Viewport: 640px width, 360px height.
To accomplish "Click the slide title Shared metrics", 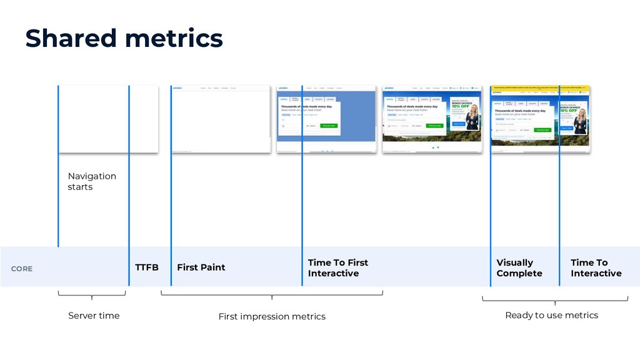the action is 124,39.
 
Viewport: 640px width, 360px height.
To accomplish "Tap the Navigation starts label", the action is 92,181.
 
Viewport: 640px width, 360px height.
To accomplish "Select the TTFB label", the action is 147,267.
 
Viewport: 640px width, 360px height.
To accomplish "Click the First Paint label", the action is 201,267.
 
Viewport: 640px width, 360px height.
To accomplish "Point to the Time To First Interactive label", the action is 337,268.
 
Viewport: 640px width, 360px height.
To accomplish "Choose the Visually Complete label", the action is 519,268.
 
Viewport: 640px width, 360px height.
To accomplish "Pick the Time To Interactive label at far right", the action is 596,268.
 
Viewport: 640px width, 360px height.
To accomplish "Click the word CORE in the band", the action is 22,269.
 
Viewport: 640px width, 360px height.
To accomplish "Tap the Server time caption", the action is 93,316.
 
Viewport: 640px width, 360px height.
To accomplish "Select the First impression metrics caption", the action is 272,317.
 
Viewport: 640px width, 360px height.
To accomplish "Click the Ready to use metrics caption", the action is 551,315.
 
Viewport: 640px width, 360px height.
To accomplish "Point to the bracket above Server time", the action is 92,294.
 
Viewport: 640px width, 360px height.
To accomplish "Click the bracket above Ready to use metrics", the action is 555,301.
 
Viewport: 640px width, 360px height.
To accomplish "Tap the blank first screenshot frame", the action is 107,119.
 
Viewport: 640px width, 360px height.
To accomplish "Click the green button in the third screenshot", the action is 329,126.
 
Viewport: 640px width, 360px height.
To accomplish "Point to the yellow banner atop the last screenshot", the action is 541,88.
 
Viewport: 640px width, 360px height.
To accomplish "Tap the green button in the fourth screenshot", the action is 434,126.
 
